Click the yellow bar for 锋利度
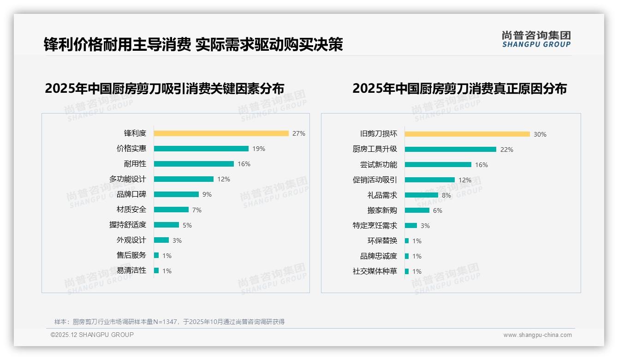click(221, 133)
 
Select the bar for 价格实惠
click(201, 149)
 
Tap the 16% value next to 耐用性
click(244, 164)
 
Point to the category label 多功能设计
click(128, 179)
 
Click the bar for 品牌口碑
click(176, 194)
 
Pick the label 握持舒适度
click(128, 225)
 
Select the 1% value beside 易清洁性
click(166, 271)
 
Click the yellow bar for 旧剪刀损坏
click(467, 134)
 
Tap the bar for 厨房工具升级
click(451, 150)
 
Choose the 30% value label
click(540, 134)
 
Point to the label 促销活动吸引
click(375, 180)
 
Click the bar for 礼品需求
click(422, 195)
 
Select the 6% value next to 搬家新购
click(437, 210)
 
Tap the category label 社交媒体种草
click(375, 271)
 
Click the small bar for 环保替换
click(407, 241)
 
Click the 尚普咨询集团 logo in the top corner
click(536, 39)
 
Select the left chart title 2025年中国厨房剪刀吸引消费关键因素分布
click(165, 88)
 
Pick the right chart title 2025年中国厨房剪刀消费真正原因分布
click(459, 88)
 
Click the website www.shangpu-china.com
click(537, 335)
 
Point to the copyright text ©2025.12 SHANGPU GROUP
click(92, 335)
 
